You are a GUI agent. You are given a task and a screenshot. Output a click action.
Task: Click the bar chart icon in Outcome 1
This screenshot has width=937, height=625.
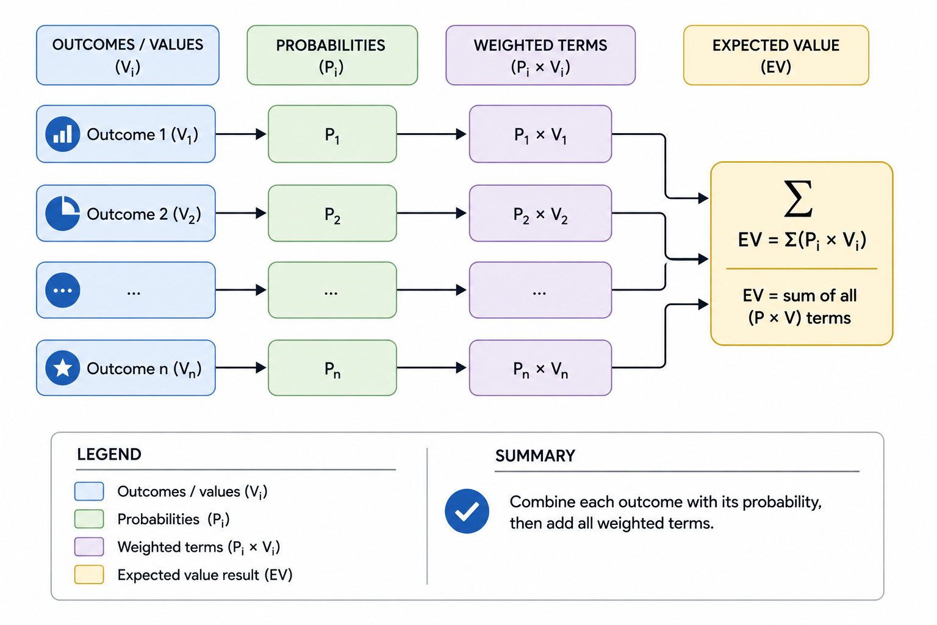click(x=63, y=134)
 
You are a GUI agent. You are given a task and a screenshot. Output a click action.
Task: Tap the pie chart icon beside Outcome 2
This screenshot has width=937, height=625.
click(x=63, y=214)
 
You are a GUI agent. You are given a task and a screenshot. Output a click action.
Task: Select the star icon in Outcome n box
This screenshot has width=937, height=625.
click(x=63, y=368)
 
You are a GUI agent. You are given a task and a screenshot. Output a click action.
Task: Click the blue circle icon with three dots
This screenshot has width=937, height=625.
click(x=63, y=290)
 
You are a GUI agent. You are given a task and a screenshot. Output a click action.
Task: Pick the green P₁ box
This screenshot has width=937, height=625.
click(x=332, y=134)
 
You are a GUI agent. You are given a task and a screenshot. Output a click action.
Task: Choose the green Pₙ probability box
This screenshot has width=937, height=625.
click(x=332, y=368)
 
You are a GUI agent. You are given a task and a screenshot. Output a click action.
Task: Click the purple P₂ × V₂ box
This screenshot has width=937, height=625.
click(x=540, y=214)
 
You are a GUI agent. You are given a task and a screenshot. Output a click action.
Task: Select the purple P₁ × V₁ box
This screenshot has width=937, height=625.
click(x=540, y=134)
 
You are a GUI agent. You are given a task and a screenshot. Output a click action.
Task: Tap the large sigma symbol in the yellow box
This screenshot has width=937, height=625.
click(x=798, y=199)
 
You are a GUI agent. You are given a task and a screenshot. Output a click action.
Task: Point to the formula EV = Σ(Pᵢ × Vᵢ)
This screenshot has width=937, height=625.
click(x=802, y=240)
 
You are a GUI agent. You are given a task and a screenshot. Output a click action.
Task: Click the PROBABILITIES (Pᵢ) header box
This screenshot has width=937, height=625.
click(x=332, y=56)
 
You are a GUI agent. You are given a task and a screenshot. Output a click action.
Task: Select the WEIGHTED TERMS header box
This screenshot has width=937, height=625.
click(x=540, y=56)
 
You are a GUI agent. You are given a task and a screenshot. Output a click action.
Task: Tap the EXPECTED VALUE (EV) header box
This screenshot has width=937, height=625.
click(x=776, y=56)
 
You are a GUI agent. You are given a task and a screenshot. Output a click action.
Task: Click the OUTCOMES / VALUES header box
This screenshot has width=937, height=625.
click(x=127, y=56)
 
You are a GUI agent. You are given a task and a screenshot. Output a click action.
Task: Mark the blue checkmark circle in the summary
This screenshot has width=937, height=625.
click(x=467, y=511)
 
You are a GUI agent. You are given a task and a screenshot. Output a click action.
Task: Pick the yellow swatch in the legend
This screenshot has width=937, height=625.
click(x=89, y=574)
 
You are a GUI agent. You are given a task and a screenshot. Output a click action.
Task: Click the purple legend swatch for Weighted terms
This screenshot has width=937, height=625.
click(x=89, y=547)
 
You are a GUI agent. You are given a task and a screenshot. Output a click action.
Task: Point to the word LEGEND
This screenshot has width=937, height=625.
click(x=109, y=455)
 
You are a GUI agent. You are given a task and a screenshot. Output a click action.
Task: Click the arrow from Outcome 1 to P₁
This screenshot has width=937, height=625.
click(x=241, y=134)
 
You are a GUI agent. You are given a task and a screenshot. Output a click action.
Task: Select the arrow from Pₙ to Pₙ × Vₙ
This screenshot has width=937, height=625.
click(x=432, y=368)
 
